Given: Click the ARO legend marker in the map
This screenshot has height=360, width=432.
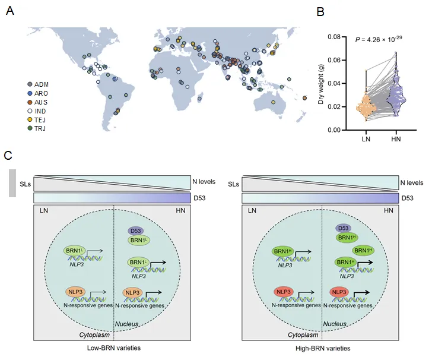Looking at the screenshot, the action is tap(30, 93).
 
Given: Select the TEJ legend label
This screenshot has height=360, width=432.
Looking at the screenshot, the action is tap(40, 120).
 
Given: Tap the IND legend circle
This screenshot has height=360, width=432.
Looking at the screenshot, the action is tap(30, 111).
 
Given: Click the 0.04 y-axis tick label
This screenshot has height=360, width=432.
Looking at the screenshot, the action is tap(334, 83).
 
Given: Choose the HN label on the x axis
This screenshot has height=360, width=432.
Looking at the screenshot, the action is tap(396, 139).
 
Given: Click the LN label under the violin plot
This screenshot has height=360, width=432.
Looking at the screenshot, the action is tap(366, 139).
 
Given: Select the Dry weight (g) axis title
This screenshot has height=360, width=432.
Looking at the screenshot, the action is tap(320, 84).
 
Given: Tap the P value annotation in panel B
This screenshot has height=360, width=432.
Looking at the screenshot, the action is tap(379, 39).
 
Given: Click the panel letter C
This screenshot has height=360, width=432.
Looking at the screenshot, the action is tap(8, 155).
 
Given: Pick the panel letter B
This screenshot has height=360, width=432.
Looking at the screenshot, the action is tap(320, 12).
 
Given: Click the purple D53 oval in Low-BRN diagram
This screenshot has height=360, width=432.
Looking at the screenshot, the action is tap(135, 231).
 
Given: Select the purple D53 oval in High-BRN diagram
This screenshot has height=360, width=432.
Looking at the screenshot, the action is tap(343, 228).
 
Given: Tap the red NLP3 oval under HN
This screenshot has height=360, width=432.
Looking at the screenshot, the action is tap(339, 292).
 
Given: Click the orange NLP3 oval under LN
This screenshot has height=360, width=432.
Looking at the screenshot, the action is tap(75, 292).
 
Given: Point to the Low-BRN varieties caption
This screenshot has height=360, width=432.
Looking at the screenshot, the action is tap(114, 348).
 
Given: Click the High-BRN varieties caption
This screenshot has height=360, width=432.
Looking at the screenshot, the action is tap(323, 348).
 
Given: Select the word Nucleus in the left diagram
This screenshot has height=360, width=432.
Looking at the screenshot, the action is tap(126, 324).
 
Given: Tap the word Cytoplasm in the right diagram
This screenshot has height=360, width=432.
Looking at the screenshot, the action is tap(303, 335).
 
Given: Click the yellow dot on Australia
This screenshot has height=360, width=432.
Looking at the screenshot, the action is tap(273, 102).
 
